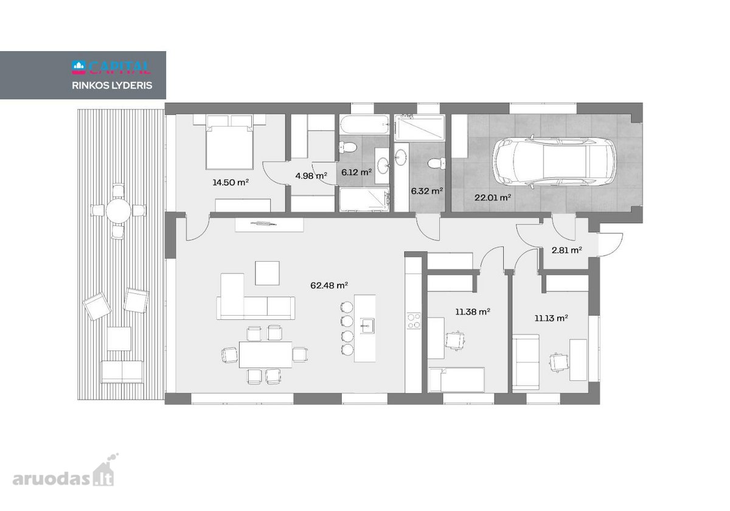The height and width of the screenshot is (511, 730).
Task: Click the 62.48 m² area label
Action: (x=329, y=285)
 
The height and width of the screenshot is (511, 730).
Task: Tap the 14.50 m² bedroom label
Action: (x=231, y=182)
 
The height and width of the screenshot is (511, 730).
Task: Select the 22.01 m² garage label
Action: (x=492, y=197)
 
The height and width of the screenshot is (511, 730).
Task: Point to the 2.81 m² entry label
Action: (x=567, y=250)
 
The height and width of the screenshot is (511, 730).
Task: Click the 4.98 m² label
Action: (x=311, y=176)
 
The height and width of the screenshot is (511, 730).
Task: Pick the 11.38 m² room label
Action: (x=473, y=312)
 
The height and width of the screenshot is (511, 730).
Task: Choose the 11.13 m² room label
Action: (x=551, y=318)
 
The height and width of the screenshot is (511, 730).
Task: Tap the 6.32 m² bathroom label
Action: (x=427, y=190)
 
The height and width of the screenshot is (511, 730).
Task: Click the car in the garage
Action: (x=554, y=162)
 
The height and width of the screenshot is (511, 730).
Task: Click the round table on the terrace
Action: (x=118, y=211)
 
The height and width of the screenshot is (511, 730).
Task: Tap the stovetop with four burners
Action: (x=414, y=321)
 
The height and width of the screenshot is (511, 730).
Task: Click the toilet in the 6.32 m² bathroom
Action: (x=437, y=163)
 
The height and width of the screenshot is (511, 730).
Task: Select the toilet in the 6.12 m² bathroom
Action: (x=348, y=148)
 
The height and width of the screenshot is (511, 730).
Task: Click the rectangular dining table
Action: (x=265, y=355)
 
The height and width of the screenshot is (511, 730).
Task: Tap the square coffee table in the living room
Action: (x=267, y=273)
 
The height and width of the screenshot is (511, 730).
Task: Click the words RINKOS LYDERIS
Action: (x=112, y=85)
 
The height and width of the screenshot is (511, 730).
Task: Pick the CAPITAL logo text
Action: (x=120, y=68)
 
